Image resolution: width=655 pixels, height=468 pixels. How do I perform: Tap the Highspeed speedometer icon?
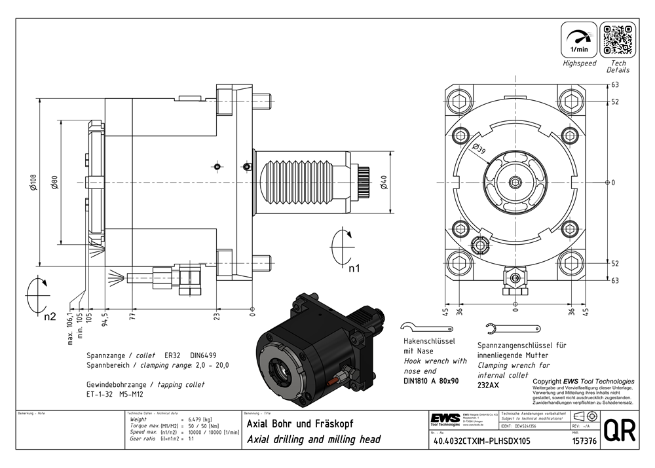pos(579,39)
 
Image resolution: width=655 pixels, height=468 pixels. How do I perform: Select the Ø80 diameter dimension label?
pos(55,183)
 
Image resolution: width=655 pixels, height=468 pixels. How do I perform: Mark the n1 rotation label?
pos(354,268)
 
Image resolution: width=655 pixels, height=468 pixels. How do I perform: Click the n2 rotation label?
pos(50,318)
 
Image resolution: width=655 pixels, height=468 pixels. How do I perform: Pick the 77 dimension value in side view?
pos(132,319)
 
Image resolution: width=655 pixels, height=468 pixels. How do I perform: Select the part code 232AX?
pos(488,386)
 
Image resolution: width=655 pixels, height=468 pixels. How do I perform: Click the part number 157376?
pos(583,441)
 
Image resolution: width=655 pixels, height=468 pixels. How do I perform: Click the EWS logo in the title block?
pos(445,419)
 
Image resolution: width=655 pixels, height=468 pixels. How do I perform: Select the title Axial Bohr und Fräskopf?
pos(299,424)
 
